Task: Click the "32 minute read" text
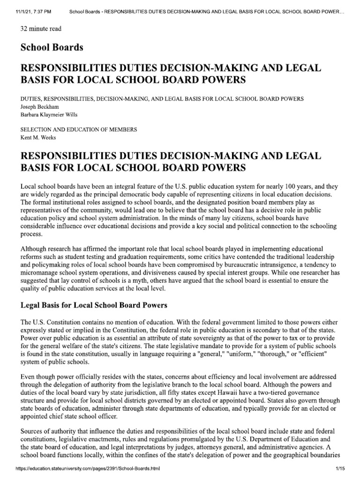[x=41, y=29]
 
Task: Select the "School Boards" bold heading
[x=52, y=47]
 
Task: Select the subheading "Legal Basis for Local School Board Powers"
[x=94, y=305]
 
